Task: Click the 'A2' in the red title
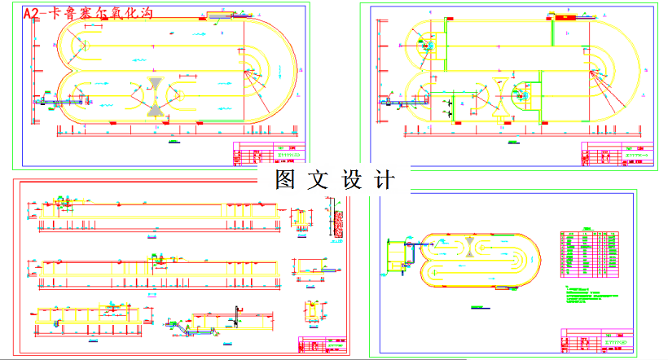[x=33, y=14]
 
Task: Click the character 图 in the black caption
[x=285, y=179]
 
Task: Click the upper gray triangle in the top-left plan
[x=155, y=83]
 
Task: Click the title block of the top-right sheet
[x=619, y=154]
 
